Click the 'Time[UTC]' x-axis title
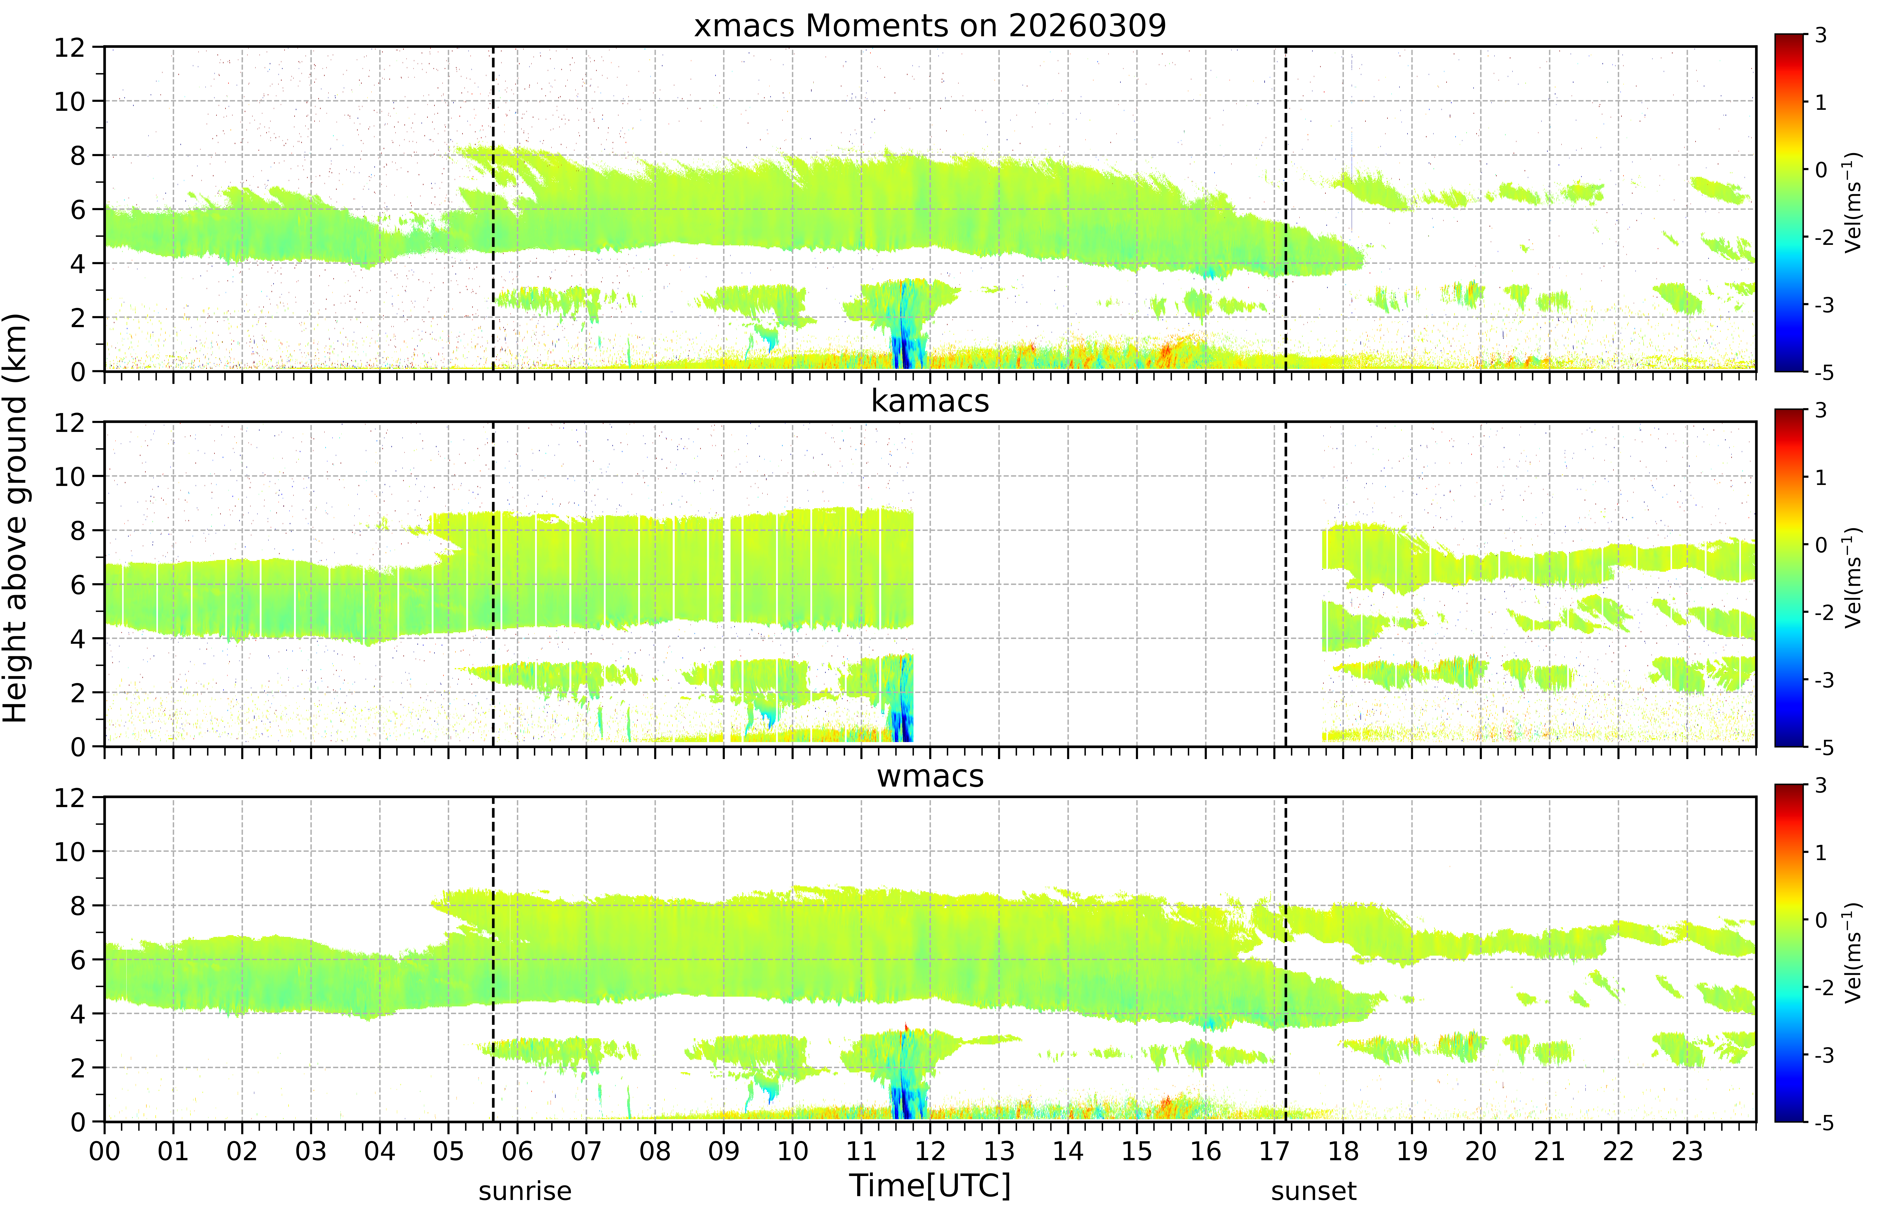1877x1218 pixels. tap(930, 1185)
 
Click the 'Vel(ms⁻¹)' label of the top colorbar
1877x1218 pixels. tap(1852, 203)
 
